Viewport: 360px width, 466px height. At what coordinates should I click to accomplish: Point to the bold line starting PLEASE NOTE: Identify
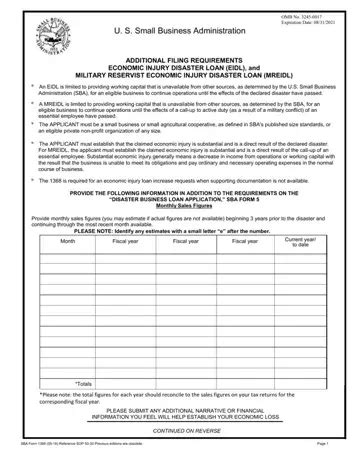[x=180, y=259]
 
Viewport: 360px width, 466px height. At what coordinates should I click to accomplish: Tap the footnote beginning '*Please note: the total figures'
[x=170, y=397]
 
